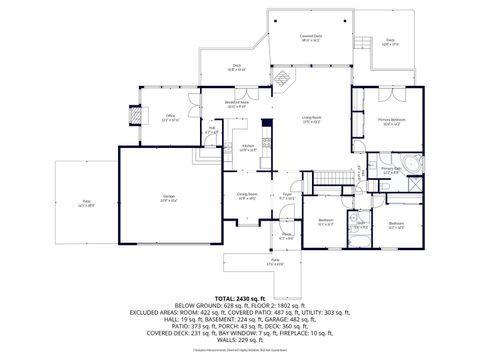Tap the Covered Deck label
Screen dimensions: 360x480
310,37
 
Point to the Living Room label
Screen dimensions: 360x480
312,118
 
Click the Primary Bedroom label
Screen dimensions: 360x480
389,120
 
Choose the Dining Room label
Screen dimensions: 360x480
247,196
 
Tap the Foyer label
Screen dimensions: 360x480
286,196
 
